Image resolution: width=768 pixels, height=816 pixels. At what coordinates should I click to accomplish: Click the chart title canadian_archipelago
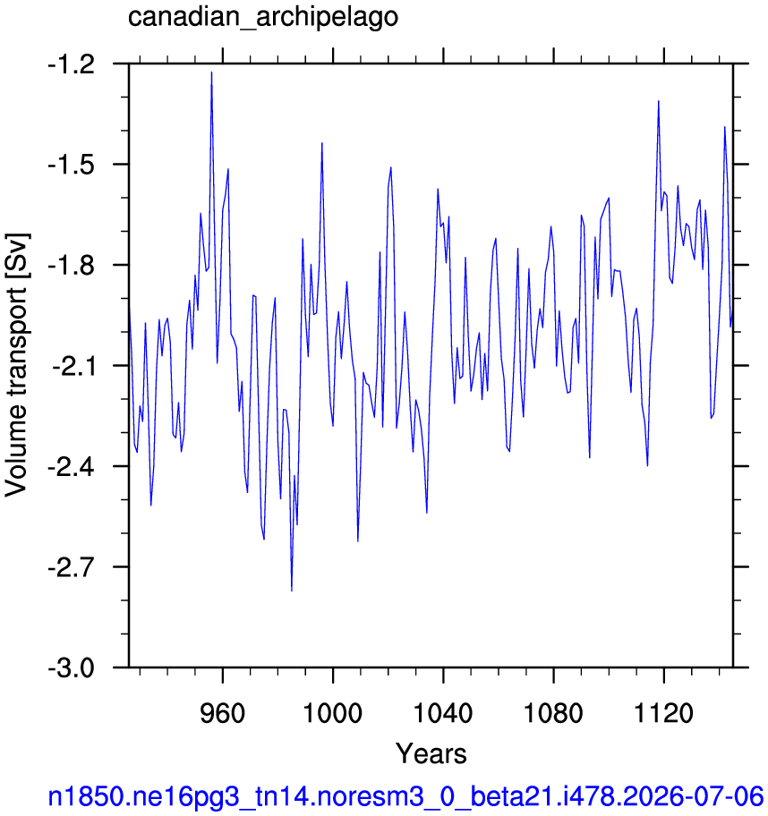(263, 17)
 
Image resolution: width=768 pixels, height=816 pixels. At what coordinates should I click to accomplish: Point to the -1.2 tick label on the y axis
(72, 65)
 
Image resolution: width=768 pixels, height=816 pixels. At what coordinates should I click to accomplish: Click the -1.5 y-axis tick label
(72, 166)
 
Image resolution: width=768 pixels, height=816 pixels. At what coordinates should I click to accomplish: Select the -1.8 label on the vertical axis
(72, 266)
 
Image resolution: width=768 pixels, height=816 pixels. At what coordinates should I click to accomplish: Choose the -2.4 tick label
(72, 467)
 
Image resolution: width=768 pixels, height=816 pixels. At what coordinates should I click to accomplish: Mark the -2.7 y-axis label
(72, 568)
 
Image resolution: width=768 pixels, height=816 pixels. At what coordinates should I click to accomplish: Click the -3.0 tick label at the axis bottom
(72, 668)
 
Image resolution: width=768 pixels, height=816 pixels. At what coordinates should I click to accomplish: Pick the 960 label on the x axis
(222, 713)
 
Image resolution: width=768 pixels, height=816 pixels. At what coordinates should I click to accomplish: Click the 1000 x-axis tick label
(332, 713)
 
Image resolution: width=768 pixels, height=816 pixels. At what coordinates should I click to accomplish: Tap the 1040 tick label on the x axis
(442, 713)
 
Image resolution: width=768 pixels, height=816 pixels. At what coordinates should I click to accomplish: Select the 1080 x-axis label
(553, 713)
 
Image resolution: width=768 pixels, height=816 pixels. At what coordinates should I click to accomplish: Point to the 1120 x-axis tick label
(663, 713)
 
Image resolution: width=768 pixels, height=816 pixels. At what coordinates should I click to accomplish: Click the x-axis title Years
(431, 753)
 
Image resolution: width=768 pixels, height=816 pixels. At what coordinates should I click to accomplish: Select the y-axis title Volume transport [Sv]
(17, 364)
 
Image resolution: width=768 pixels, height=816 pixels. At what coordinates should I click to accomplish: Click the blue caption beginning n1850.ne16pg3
(406, 796)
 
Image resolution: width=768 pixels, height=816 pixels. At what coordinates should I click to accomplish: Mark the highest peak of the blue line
(211, 72)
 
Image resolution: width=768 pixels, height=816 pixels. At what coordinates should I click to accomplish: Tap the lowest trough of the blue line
(292, 591)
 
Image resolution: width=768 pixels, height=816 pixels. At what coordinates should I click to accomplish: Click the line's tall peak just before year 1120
(659, 101)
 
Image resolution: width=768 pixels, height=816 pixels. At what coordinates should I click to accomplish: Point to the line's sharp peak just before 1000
(322, 142)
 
